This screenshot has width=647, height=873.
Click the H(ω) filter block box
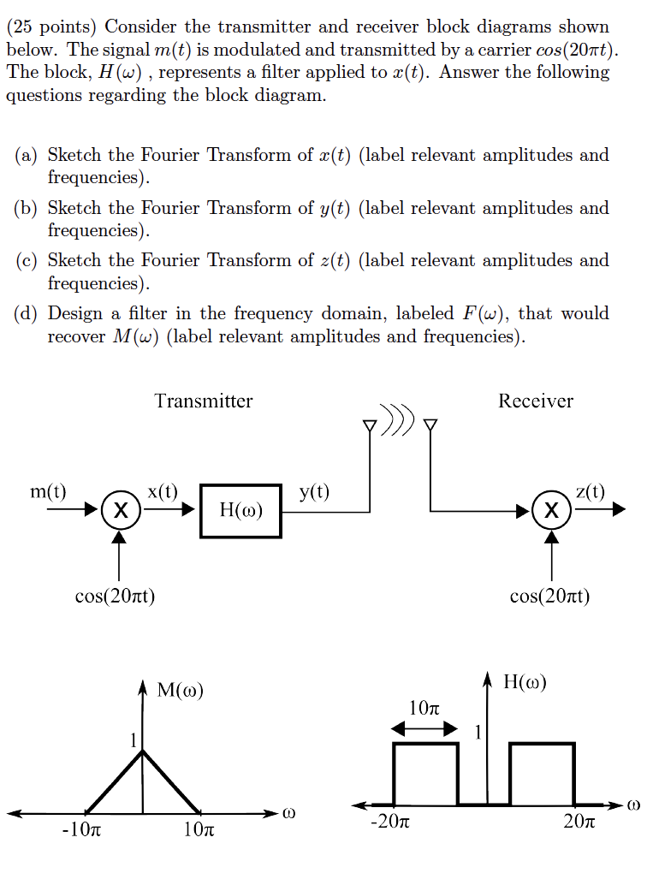pyautogui.click(x=240, y=511)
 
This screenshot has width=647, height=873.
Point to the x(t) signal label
pyautogui.click(x=163, y=491)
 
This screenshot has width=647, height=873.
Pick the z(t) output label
pyautogui.click(x=591, y=491)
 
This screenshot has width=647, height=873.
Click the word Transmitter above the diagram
pyautogui.click(x=204, y=401)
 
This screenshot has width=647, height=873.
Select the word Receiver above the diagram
pyautogui.click(x=536, y=401)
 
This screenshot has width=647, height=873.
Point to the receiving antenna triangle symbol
pyautogui.click(x=430, y=425)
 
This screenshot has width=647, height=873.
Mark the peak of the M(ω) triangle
pyautogui.click(x=143, y=751)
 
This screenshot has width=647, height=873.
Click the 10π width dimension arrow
pyautogui.click(x=425, y=729)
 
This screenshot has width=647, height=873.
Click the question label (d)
pyautogui.click(x=27, y=314)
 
